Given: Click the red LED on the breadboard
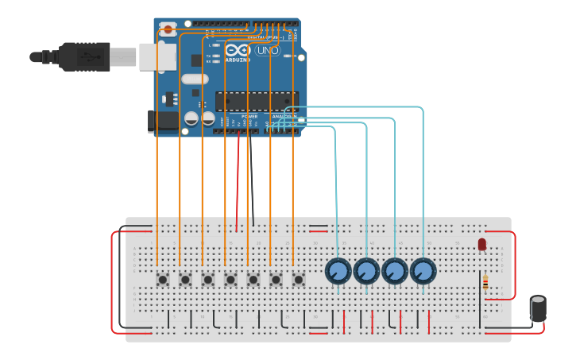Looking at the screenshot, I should click(481, 244).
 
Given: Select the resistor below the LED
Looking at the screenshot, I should click(485, 283).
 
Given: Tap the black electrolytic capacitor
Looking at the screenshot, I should click(538, 308).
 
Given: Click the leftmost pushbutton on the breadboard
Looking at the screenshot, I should click(163, 279).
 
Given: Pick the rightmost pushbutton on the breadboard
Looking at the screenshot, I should click(299, 279).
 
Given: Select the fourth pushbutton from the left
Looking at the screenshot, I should click(230, 279).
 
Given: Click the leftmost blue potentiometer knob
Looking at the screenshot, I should click(338, 272).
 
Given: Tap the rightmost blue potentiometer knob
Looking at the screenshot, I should click(423, 272).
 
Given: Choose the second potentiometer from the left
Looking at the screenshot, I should click(366, 272).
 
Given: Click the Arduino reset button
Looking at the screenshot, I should click(168, 30).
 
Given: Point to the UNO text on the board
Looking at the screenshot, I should click(267, 50).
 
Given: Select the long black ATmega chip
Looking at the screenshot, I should click(256, 101).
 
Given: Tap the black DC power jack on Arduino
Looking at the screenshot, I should click(163, 120).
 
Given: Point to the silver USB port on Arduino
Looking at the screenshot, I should click(157, 56).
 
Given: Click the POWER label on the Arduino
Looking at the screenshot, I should click(249, 117).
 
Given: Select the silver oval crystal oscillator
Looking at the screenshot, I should click(195, 79).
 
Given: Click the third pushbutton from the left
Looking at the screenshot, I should click(208, 279).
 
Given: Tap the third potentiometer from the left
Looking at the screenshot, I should click(395, 272).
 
